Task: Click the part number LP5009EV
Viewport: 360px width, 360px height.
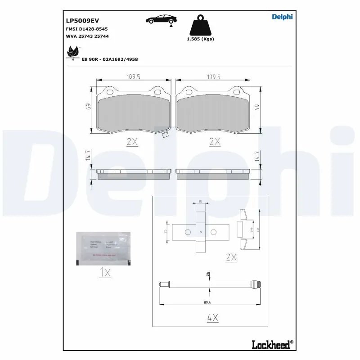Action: [x=82, y=20]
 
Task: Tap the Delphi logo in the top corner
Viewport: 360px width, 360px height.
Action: [x=282, y=17]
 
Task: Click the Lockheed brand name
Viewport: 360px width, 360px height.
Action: [x=271, y=344]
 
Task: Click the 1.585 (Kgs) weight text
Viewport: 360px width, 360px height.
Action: [x=200, y=39]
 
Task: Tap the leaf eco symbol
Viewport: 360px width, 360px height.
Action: [x=72, y=53]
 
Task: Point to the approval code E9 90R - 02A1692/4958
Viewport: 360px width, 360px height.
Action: [x=110, y=59]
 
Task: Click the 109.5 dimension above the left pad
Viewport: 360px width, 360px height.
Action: [x=133, y=77]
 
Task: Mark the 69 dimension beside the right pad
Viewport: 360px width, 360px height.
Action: [x=257, y=108]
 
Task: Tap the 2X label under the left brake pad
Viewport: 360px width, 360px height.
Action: [x=132, y=141]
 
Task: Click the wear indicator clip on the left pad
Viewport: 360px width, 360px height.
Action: [x=164, y=133]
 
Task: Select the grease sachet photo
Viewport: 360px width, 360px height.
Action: [x=103, y=248]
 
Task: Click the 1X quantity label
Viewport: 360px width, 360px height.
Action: [x=104, y=272]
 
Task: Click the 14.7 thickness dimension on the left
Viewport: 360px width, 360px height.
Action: [x=89, y=156]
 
